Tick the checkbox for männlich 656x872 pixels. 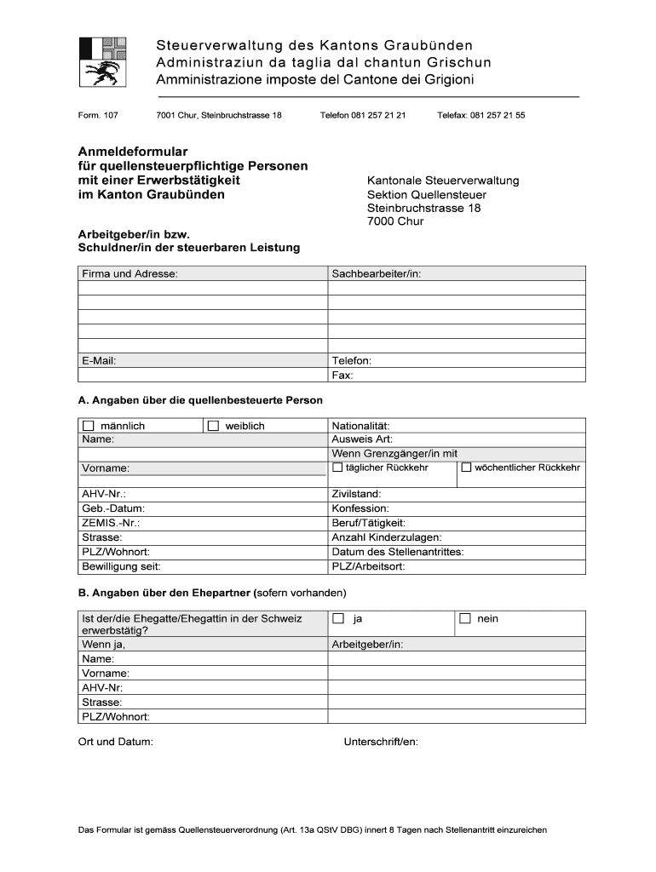pos(88,426)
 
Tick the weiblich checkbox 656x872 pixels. pos(213,426)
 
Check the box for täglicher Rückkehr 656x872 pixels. pos(337,468)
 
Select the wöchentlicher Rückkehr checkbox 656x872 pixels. pos(466,468)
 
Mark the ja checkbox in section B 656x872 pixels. pos(338,619)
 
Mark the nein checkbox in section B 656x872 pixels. pos(465,619)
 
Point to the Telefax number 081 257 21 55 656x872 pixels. pos(498,115)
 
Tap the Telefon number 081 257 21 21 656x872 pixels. pos(377,115)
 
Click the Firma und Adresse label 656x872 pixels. pos(129,273)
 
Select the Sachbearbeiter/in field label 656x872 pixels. pos(377,273)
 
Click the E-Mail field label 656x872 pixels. pos(99,360)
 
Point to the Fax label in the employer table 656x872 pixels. pos(342,375)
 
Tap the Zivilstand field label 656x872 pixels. pos(356,494)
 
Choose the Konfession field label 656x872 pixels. pos(360,508)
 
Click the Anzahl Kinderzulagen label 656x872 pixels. pos(386,537)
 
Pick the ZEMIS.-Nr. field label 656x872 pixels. pos(111,523)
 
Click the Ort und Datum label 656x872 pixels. pos(116,742)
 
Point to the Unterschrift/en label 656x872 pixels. pos(381,742)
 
